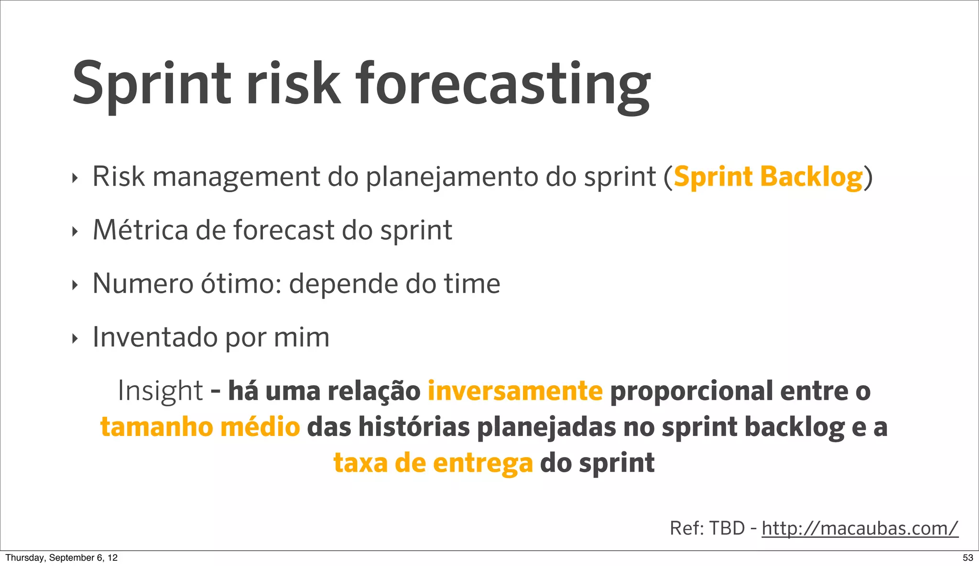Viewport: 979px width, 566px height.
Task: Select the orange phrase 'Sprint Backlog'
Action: pyautogui.click(x=768, y=177)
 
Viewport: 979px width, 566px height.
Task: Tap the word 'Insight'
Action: pyautogui.click(x=160, y=391)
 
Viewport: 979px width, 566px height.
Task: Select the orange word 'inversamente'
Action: pyautogui.click(x=515, y=391)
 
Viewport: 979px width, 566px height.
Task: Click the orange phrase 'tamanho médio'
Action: pyautogui.click(x=200, y=427)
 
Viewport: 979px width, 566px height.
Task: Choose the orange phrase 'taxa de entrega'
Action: pyautogui.click(x=433, y=463)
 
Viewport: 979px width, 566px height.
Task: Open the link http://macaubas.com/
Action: pyautogui.click(x=859, y=528)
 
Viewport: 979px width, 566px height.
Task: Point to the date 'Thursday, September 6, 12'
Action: pyautogui.click(x=61, y=557)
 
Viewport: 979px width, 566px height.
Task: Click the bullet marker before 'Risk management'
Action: pyautogui.click(x=74, y=179)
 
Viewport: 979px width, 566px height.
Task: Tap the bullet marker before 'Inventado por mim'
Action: pyautogui.click(x=74, y=339)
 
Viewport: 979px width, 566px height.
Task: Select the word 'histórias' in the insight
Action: pyautogui.click(x=414, y=427)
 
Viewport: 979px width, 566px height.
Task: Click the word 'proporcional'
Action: pyautogui.click(x=692, y=391)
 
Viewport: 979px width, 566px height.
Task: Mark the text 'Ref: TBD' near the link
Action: pyautogui.click(x=707, y=528)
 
